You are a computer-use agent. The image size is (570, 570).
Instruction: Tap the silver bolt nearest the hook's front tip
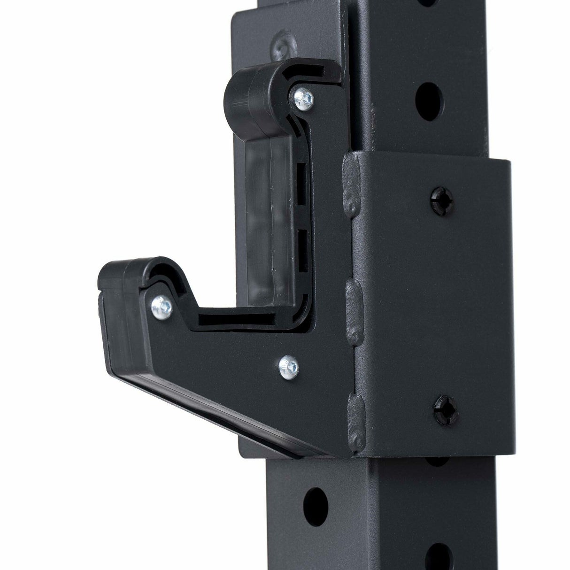coord(165,306)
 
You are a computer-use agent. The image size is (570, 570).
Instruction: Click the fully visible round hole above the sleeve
coord(430,96)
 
